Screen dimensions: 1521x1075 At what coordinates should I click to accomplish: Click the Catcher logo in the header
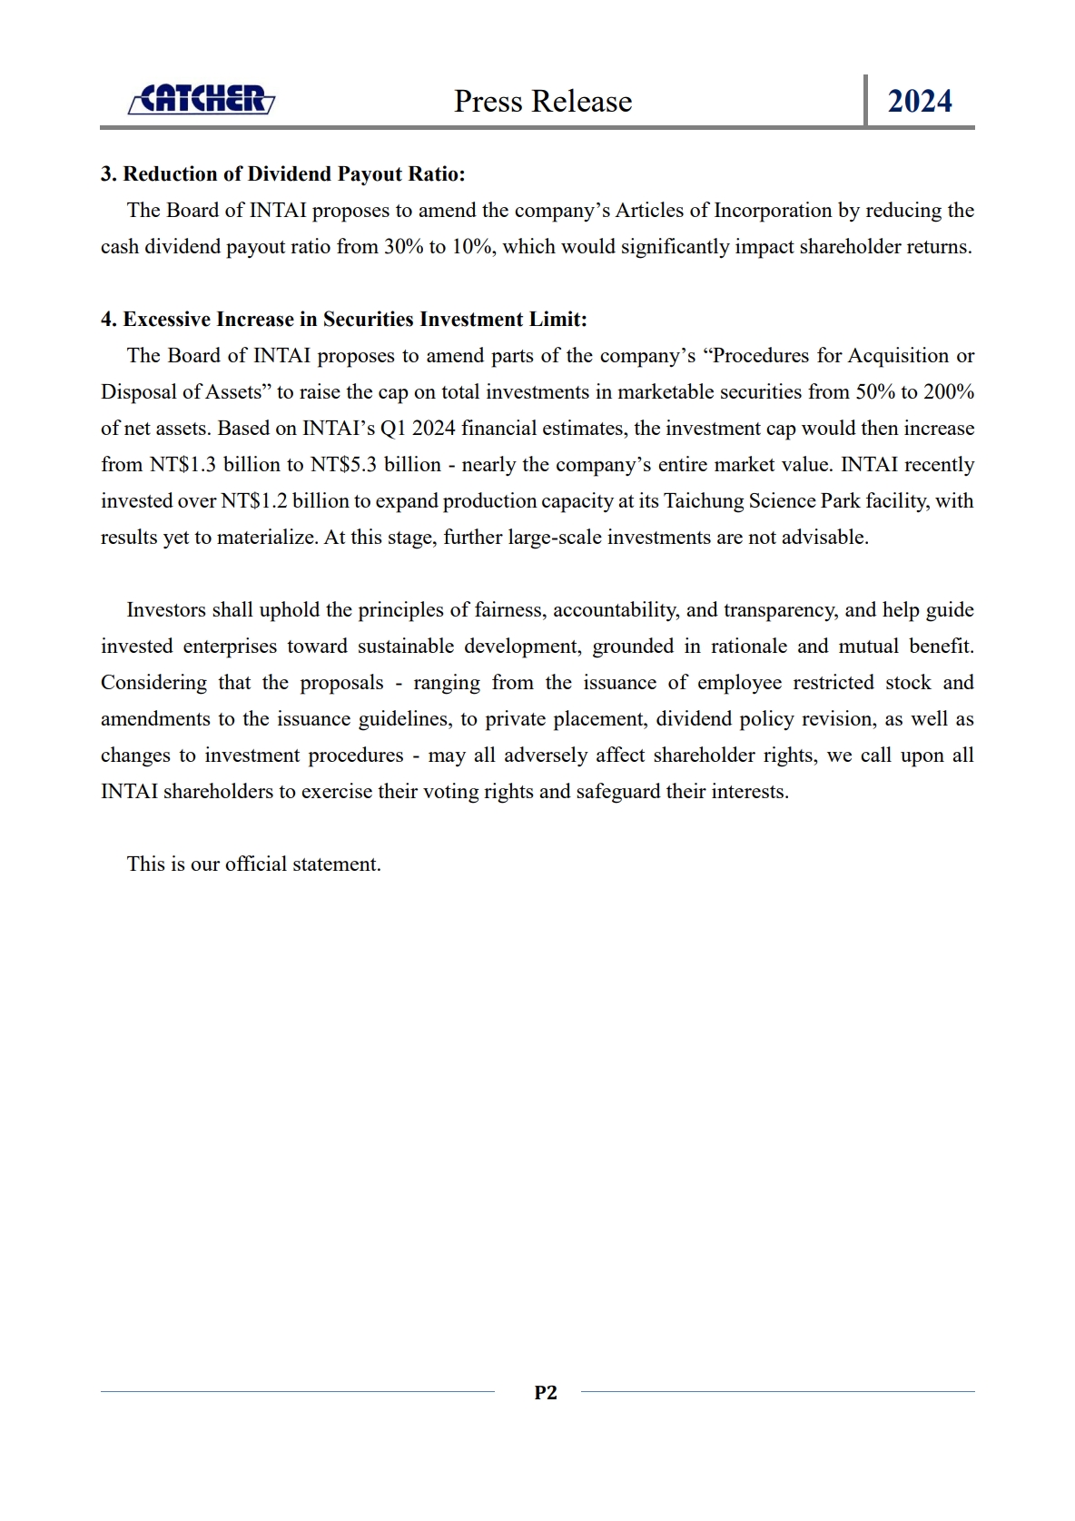[201, 99]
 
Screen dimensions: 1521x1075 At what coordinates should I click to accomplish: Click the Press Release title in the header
[543, 101]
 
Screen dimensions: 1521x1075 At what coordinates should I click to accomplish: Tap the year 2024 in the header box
[920, 101]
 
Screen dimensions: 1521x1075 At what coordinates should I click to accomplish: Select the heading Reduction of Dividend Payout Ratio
[282, 173]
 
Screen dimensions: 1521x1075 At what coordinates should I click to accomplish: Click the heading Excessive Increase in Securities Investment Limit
[344, 319]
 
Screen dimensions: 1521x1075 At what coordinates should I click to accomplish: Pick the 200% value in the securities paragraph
[949, 392]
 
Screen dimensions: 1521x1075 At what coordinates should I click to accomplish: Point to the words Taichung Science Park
[762, 501]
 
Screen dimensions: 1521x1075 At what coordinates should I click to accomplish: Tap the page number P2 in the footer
[546, 1392]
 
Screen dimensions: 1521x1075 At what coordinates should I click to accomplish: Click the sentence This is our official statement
[254, 864]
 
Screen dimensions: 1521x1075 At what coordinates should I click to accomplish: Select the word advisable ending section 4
[829, 538]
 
